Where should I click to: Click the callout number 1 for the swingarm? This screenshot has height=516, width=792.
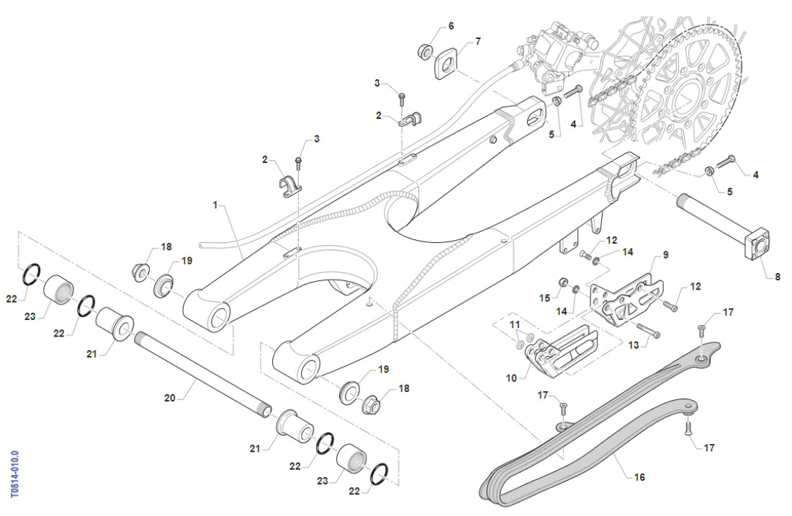[215, 205]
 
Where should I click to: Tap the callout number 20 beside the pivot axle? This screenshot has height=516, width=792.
[170, 398]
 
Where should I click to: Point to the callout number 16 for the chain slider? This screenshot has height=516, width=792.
[640, 477]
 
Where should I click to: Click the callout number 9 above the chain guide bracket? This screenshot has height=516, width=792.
[665, 254]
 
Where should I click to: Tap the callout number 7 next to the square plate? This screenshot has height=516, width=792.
[477, 41]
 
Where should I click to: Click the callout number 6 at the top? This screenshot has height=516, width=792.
[451, 26]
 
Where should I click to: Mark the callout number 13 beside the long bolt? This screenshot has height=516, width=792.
[633, 346]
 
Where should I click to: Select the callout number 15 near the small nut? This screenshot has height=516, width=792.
[545, 298]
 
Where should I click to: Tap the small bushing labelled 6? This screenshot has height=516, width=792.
[425, 52]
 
